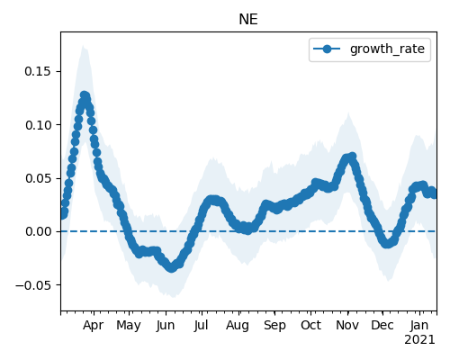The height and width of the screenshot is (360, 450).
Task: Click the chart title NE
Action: tap(248, 20)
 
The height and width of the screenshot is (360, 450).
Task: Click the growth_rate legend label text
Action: tap(387, 49)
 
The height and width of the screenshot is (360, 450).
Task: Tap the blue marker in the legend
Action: tap(327, 49)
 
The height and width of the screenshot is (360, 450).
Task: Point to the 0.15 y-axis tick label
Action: tap(38, 71)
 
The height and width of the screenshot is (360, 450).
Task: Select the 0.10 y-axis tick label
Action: tap(38, 125)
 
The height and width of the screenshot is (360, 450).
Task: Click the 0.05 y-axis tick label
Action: tap(38, 178)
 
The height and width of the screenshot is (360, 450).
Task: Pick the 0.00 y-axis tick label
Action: tap(38, 231)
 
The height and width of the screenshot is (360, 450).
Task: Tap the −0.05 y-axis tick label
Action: tap(33, 285)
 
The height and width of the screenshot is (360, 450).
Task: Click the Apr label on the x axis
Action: tap(93, 325)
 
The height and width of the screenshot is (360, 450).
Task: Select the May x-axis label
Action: tap(129, 326)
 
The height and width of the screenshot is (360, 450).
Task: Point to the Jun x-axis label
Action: tap(166, 325)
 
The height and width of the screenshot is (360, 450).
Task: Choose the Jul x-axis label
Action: tap(201, 325)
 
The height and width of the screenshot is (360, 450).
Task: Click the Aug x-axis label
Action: tap(238, 326)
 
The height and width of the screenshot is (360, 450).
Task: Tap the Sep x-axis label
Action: tap(274, 326)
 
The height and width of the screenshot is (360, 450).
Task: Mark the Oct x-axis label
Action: tap(310, 325)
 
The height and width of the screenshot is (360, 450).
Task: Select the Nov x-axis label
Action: tap(347, 325)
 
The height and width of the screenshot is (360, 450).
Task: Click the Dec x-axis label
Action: tap(382, 325)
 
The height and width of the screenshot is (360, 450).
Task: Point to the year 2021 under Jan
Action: tap(419, 340)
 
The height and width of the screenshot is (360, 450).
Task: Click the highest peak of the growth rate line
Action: tap(85, 96)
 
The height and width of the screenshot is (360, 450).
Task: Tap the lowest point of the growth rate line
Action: tap(171, 267)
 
